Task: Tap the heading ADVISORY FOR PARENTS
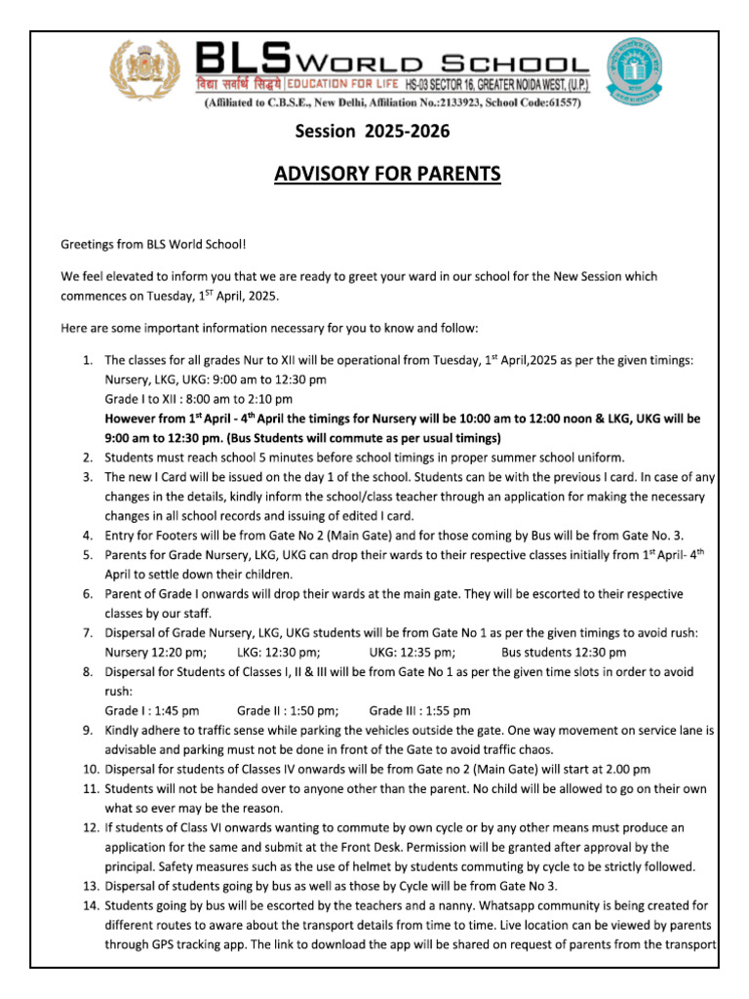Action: click(387, 174)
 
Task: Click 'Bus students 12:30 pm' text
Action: click(564, 653)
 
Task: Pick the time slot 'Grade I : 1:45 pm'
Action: click(152, 711)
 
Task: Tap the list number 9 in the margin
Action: click(87, 731)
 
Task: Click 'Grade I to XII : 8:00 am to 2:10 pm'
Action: click(199, 399)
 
